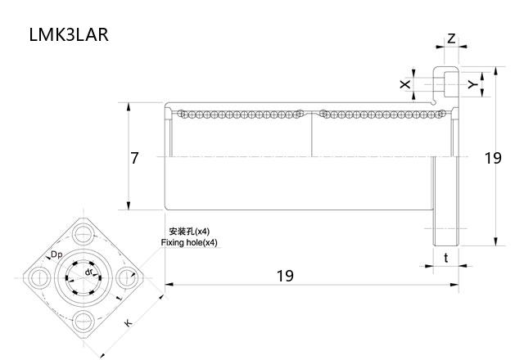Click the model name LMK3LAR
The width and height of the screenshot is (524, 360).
68,35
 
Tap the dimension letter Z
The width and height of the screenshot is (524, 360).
451,39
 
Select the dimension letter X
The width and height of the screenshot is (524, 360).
404,84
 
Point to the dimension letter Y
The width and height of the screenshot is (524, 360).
472,84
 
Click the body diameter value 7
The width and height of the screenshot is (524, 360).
134,158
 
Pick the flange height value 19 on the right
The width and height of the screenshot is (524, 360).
492,158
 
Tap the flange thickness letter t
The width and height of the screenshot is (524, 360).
445,257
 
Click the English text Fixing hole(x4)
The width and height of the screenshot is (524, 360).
189,243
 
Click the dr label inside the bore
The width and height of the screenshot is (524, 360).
88,272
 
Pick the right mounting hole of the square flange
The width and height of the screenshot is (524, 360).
125,278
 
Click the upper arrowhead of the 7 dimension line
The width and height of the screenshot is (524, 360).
129,106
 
